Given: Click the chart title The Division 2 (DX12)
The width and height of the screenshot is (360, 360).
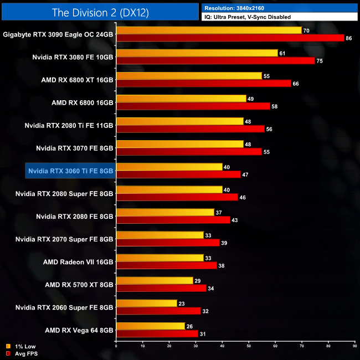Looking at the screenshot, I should pyautogui.click(x=100, y=12).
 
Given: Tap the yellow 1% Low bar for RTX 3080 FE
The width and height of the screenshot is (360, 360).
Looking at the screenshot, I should pyautogui.click(x=197, y=53).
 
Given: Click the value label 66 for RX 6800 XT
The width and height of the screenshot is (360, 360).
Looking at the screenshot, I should pyautogui.click(x=296, y=84).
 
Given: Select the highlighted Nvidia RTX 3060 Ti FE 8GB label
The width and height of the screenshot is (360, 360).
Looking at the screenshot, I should pyautogui.click(x=70, y=171).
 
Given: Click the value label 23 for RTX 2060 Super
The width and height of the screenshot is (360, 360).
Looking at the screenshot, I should pyautogui.click(x=182, y=303).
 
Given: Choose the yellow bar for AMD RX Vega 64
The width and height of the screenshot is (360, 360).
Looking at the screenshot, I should pyautogui.click(x=150, y=326).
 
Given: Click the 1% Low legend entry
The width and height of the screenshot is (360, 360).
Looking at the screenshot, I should pyautogui.click(x=19, y=347).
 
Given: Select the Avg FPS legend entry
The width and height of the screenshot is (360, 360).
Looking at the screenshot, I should pyautogui.click(x=19, y=353).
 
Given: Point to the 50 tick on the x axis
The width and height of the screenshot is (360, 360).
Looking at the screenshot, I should pyautogui.click(x=249, y=347).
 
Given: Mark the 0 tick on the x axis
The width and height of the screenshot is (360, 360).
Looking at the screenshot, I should pyautogui.click(x=116, y=347).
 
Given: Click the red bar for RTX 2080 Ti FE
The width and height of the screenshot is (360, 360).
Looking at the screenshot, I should pyautogui.click(x=190, y=129).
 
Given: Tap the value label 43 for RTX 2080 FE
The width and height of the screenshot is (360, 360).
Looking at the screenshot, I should pyautogui.click(x=235, y=220).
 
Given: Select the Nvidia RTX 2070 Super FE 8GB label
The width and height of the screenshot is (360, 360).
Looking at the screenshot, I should pyautogui.click(x=64, y=239).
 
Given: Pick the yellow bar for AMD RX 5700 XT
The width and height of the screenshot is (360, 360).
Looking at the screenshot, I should pyautogui.click(x=154, y=280).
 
